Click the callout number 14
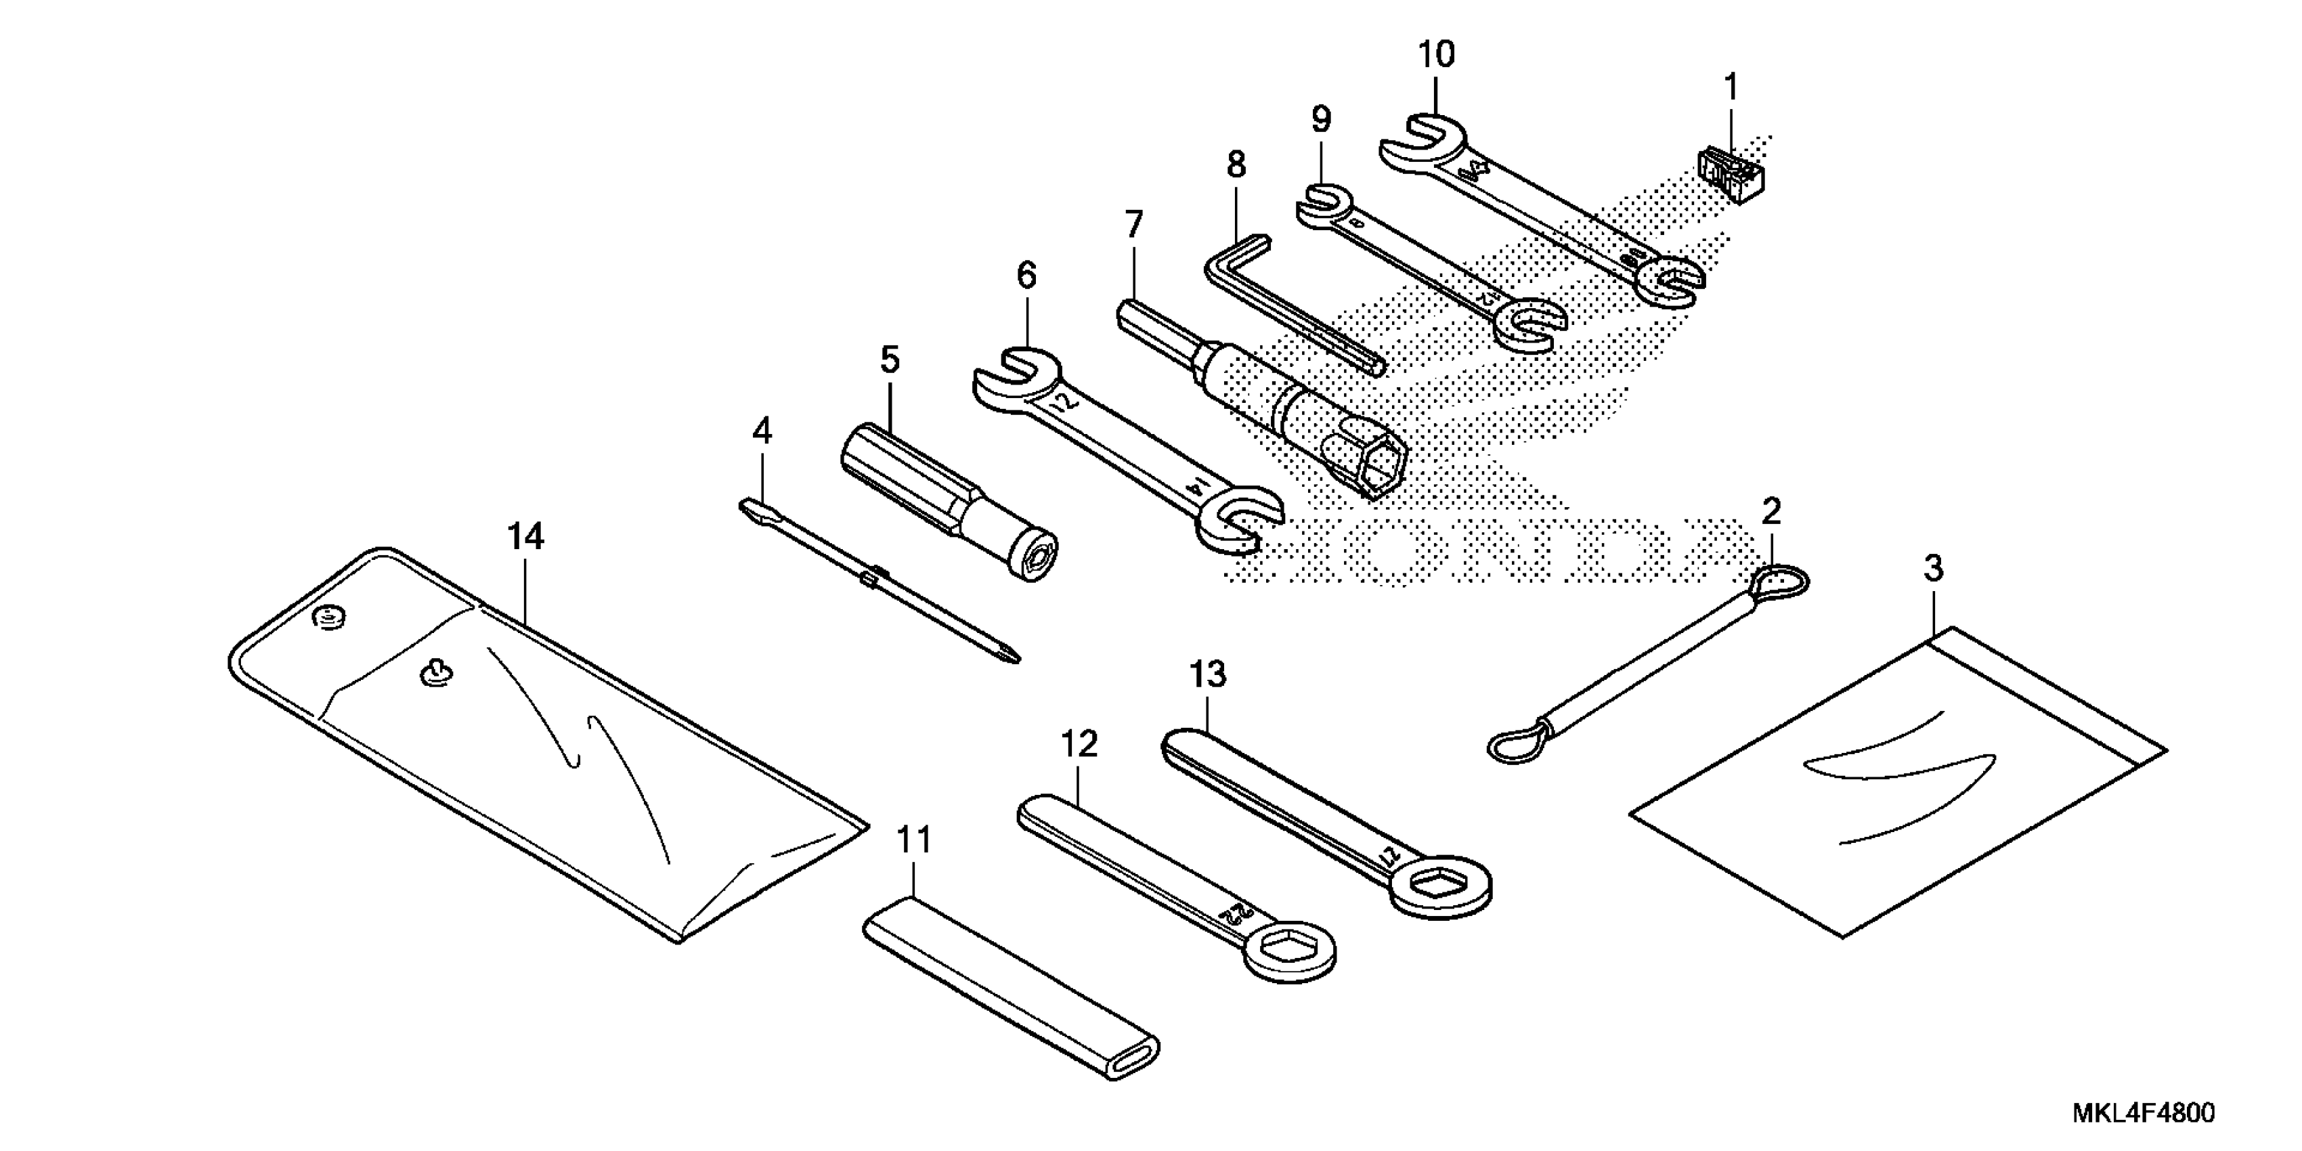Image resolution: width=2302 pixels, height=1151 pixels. pyautogui.click(x=525, y=536)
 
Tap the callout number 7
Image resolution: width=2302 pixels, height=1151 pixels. pyautogui.click(x=1133, y=224)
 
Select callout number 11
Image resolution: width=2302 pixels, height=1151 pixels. pyautogui.click(x=913, y=840)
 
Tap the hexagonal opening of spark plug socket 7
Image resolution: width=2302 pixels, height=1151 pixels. pyautogui.click(x=1376, y=464)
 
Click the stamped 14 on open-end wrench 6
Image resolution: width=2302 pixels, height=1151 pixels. pyautogui.click(x=1196, y=488)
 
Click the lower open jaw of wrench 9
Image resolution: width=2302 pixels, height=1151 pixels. pyautogui.click(x=1530, y=326)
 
